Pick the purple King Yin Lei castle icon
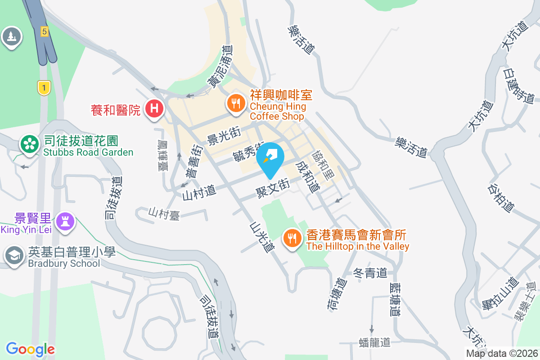[x=66, y=221]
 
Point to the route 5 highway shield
[x=44, y=31]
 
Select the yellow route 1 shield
[x=43, y=87]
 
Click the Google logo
[x=30, y=349]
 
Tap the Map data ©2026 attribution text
[x=501, y=353]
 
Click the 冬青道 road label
[x=370, y=273]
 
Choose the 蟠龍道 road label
[x=375, y=342]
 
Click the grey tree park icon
[x=11, y=36]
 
